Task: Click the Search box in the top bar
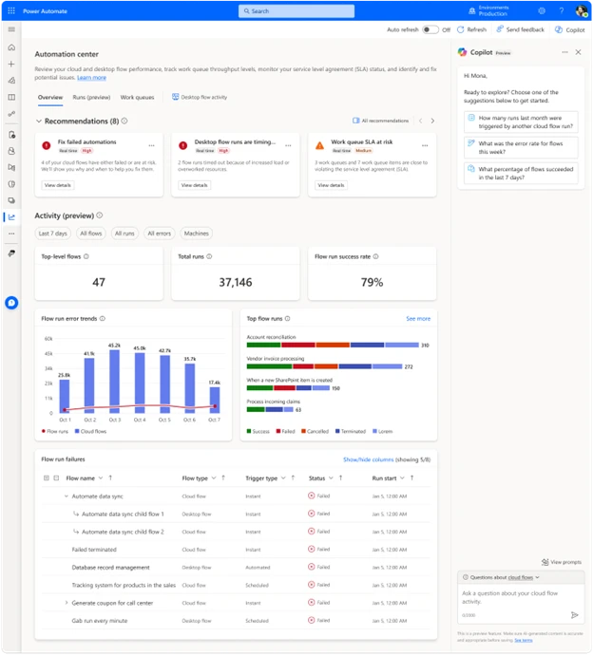(296, 10)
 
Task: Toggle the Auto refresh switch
(430, 29)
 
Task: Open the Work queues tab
(137, 97)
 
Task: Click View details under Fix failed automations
(57, 185)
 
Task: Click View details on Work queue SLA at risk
(331, 185)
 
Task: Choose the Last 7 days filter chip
(52, 234)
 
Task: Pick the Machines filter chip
(196, 234)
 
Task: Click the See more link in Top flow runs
(418, 319)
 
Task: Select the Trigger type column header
(261, 478)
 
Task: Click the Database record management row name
(111, 567)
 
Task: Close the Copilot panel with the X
(579, 52)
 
